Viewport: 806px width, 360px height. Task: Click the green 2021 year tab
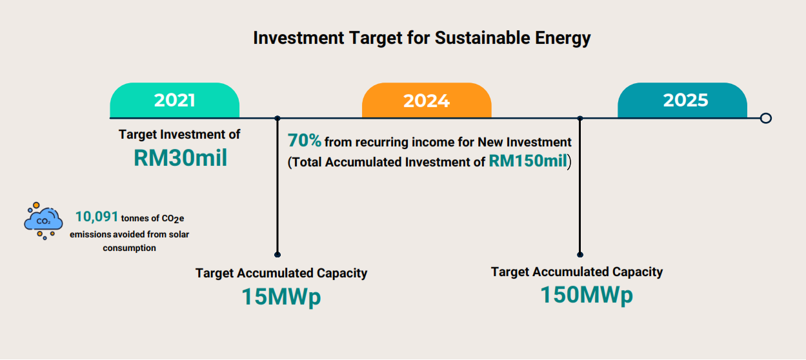click(x=174, y=100)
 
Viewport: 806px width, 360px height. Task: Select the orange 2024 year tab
click(x=427, y=100)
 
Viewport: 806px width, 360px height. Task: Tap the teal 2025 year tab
click(x=682, y=100)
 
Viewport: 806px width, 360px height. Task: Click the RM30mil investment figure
click(x=180, y=158)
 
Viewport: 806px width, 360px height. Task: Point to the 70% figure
click(x=305, y=141)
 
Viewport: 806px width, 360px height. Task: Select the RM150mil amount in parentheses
click(x=528, y=161)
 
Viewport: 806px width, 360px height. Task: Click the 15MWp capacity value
click(x=281, y=297)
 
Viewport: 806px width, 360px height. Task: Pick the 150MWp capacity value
click(x=587, y=295)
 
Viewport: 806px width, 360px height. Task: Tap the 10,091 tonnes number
click(x=97, y=217)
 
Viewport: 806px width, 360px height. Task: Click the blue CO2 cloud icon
click(x=43, y=221)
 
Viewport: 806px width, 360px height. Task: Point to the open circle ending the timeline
click(x=766, y=118)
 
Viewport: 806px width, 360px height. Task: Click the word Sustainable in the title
click(x=482, y=38)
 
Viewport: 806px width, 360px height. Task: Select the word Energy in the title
click(x=563, y=39)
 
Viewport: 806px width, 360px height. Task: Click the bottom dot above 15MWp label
click(x=277, y=255)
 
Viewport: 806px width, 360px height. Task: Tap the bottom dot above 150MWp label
click(x=580, y=255)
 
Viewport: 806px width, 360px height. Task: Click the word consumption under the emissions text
click(x=129, y=248)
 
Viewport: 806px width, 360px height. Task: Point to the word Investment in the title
click(x=299, y=38)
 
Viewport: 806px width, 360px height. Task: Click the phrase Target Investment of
click(x=179, y=134)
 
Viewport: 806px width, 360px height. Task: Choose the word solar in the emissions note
click(x=179, y=234)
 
